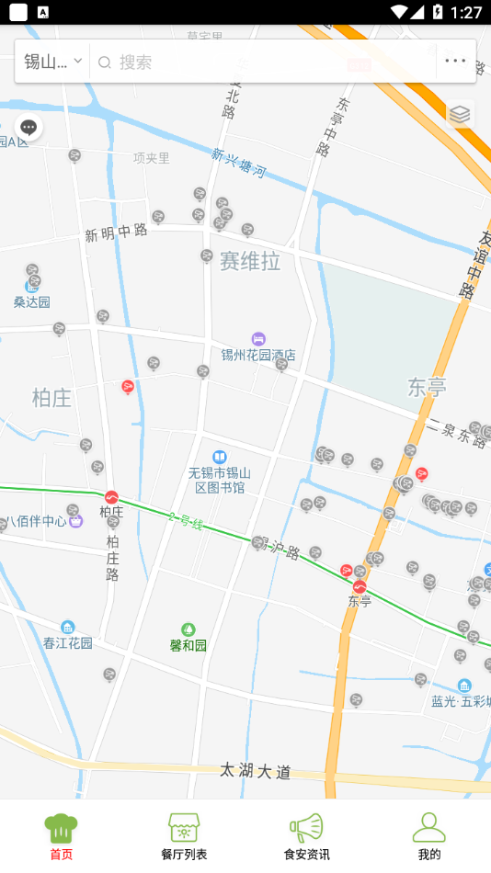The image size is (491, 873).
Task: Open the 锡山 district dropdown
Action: pos(52,62)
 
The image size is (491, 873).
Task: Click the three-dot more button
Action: pos(455,62)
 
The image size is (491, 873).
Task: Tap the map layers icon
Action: pos(460,114)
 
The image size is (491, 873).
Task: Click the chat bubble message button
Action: pos(29,128)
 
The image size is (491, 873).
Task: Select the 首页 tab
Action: pos(61,836)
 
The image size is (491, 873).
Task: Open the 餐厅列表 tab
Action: pos(184,836)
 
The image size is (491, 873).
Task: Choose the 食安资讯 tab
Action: pos(306,836)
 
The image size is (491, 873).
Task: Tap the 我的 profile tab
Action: pos(429,836)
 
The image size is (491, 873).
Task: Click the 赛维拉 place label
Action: pos(249,262)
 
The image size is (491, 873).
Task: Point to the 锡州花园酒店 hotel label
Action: pos(258,354)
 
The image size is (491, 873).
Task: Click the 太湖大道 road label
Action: pos(256,771)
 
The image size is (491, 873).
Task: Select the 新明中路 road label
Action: pos(117,232)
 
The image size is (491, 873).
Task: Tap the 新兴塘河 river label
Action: pos(238,163)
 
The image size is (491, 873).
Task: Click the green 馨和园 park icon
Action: pos(188,629)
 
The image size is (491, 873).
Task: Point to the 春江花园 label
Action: pos(68,643)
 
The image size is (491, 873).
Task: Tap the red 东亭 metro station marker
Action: pos(360,586)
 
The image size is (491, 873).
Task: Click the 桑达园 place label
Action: pos(32,301)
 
